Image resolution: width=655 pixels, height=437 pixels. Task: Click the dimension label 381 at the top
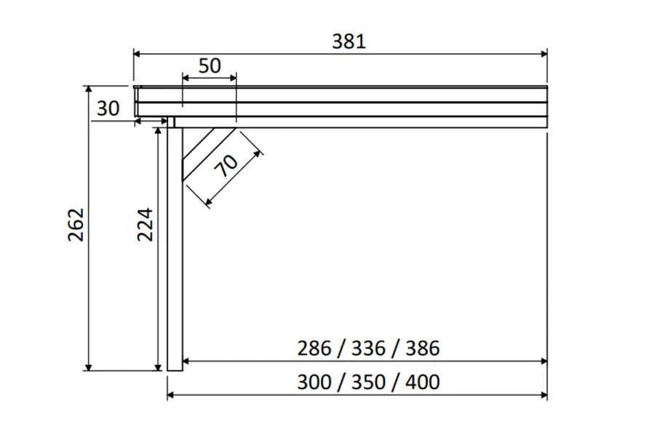349,42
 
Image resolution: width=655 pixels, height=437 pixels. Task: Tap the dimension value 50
209,66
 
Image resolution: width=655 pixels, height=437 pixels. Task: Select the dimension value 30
108,109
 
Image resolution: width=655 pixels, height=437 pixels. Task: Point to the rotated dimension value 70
226,167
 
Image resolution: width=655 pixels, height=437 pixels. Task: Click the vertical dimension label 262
76,225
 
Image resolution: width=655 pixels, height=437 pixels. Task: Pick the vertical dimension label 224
146,225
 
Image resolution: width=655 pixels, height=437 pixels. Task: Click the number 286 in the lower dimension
314,348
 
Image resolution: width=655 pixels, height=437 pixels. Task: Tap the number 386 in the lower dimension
422,348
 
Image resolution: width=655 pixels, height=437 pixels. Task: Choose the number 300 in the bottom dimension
314,382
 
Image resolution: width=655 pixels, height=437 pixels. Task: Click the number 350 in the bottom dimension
368,382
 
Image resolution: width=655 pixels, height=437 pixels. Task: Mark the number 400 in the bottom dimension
422,382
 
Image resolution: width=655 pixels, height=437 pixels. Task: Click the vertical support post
175,248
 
